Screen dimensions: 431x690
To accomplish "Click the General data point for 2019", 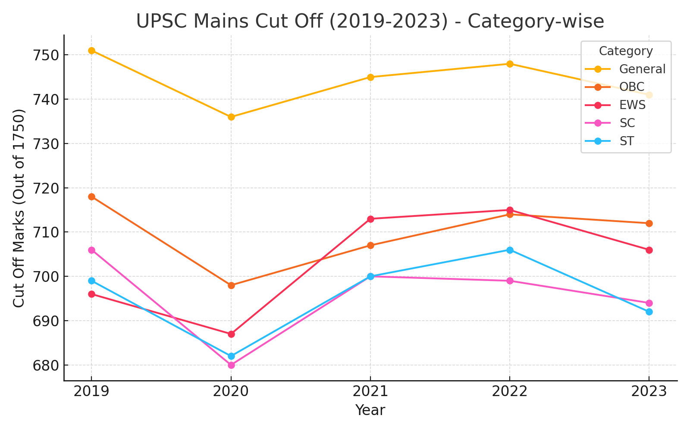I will click(91, 50).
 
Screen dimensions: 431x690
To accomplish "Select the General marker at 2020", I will click(231, 117).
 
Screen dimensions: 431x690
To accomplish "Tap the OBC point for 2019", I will click(91, 197).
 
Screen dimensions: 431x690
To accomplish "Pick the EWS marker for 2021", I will click(370, 219).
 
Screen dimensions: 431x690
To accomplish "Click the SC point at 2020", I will click(231, 365).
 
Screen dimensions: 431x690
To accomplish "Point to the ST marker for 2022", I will click(510, 250).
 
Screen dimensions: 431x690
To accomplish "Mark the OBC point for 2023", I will click(649, 223).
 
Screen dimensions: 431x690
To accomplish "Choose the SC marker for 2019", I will click(91, 250).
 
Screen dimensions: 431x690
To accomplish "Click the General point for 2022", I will click(510, 64).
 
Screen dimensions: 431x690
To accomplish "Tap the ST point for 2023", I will click(649, 312).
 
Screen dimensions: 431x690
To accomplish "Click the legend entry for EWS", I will click(632, 105).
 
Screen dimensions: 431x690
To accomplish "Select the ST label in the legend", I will click(626, 141).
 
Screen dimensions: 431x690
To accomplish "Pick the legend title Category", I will click(626, 51).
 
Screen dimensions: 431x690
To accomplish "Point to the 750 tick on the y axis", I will click(47, 55).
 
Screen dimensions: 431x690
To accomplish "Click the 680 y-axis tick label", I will click(47, 365).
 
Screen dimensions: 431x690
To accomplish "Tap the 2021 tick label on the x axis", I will click(370, 391).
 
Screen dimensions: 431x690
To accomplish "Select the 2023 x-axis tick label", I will click(649, 391).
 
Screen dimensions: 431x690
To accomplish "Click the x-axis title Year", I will click(370, 410).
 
